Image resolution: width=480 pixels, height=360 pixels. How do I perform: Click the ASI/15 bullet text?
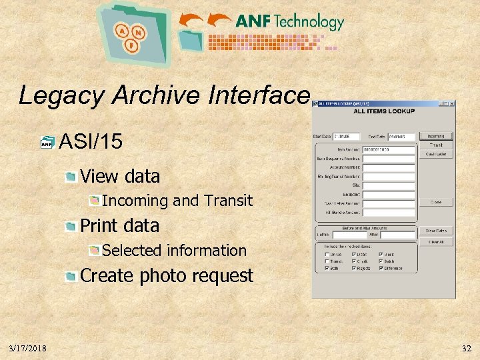[x=91, y=141]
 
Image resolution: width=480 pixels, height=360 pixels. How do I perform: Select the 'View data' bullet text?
[x=120, y=177]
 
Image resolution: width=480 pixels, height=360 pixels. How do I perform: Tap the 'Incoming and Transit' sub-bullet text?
[x=177, y=201]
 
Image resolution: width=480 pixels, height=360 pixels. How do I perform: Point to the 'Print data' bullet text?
[x=119, y=226]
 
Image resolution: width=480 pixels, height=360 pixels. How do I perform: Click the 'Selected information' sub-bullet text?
[x=174, y=251]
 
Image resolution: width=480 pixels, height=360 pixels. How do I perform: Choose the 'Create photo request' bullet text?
[x=167, y=276]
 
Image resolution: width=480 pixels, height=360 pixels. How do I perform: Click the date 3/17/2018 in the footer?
[x=28, y=348]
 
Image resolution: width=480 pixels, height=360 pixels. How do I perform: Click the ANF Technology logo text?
[x=289, y=21]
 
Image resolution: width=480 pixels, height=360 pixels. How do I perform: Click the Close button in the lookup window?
[x=436, y=201]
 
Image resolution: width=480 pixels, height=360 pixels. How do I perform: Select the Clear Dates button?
[x=436, y=231]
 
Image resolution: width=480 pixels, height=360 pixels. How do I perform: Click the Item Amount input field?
[x=388, y=150]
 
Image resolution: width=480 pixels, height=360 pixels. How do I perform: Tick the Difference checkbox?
[x=381, y=268]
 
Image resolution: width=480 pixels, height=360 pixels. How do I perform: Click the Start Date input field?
[x=346, y=137]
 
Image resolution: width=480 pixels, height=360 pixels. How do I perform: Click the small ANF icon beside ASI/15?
[x=47, y=142]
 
